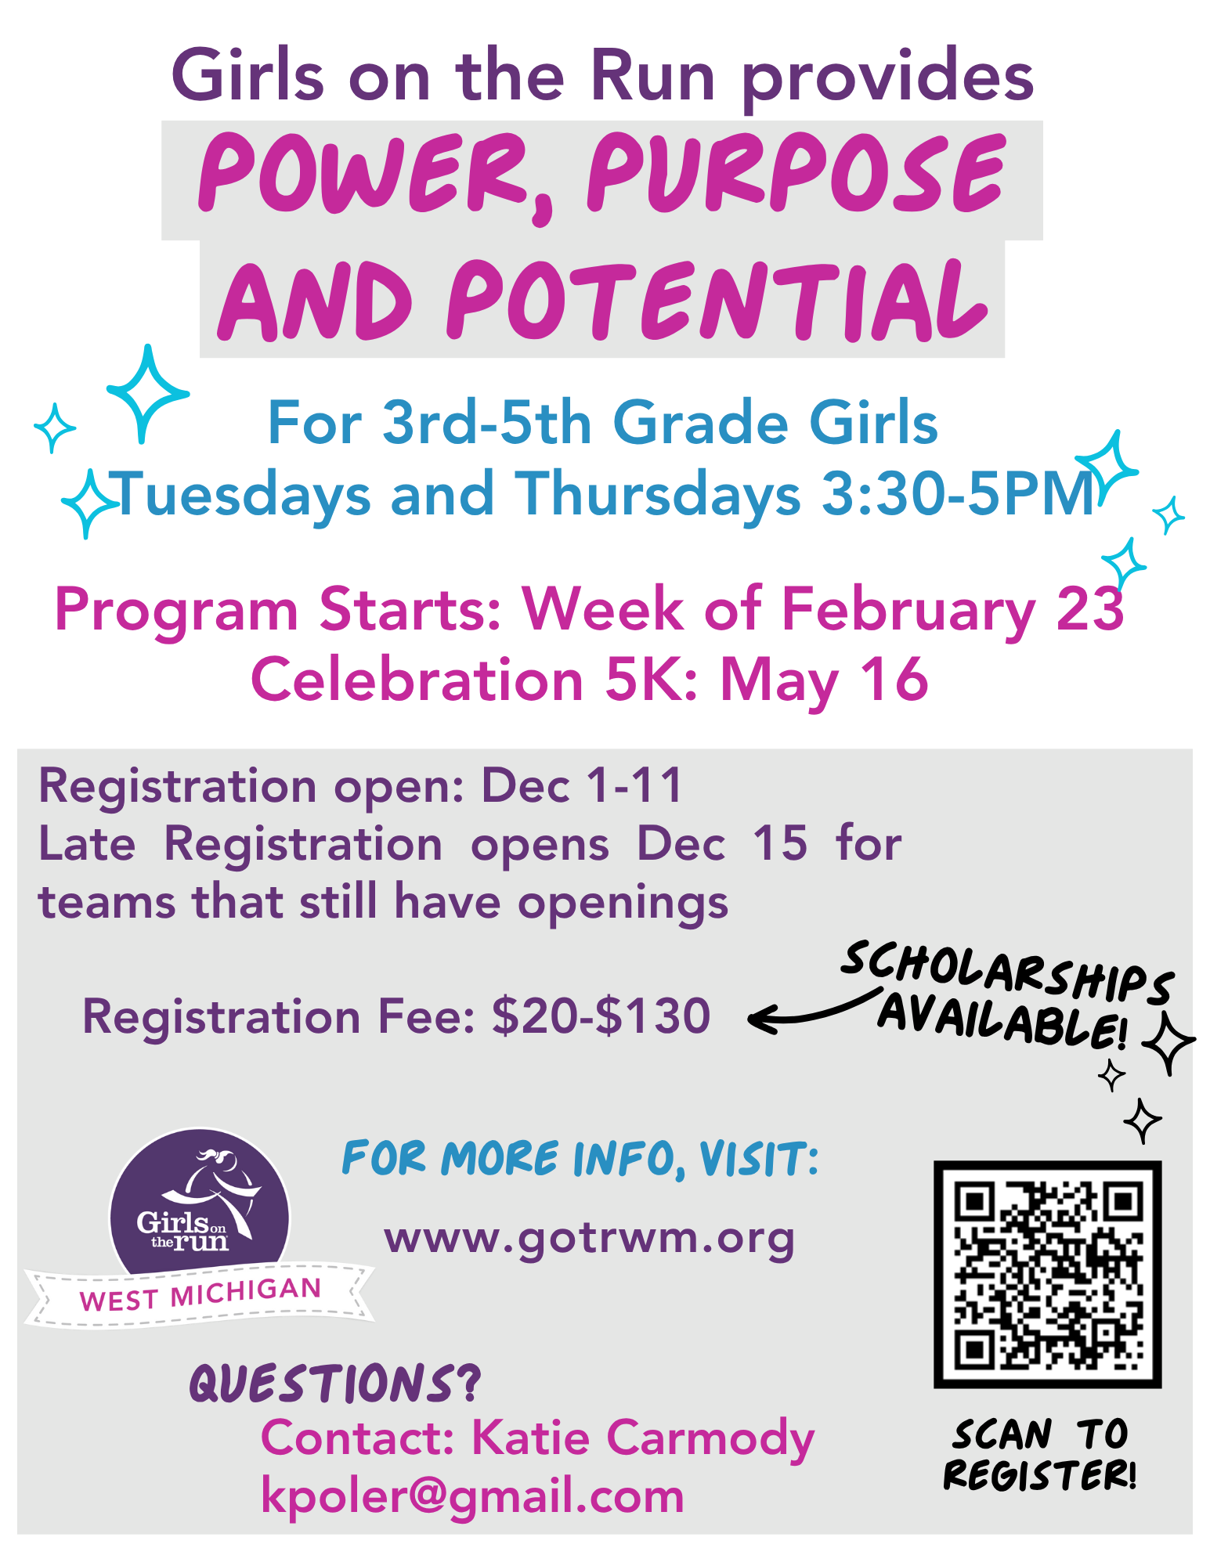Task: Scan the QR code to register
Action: pyautogui.click(x=1047, y=1274)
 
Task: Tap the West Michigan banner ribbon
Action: pyautogui.click(x=200, y=1294)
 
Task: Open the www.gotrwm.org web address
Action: pyautogui.click(x=589, y=1239)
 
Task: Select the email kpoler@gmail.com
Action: pyautogui.click(x=472, y=1496)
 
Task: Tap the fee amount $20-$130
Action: pyautogui.click(x=601, y=1016)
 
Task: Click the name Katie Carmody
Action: pyautogui.click(x=643, y=1439)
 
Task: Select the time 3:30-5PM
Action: pyautogui.click(x=958, y=493)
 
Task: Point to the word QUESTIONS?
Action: pyautogui.click(x=335, y=1384)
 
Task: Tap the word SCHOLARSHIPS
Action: pyautogui.click(x=1008, y=972)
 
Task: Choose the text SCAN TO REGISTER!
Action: pyautogui.click(x=1040, y=1454)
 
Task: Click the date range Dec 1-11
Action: pyautogui.click(x=582, y=785)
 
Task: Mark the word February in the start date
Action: pyautogui.click(x=908, y=611)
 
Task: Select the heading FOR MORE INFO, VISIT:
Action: pyautogui.click(x=580, y=1159)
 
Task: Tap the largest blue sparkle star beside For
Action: pyautogui.click(x=146, y=393)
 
